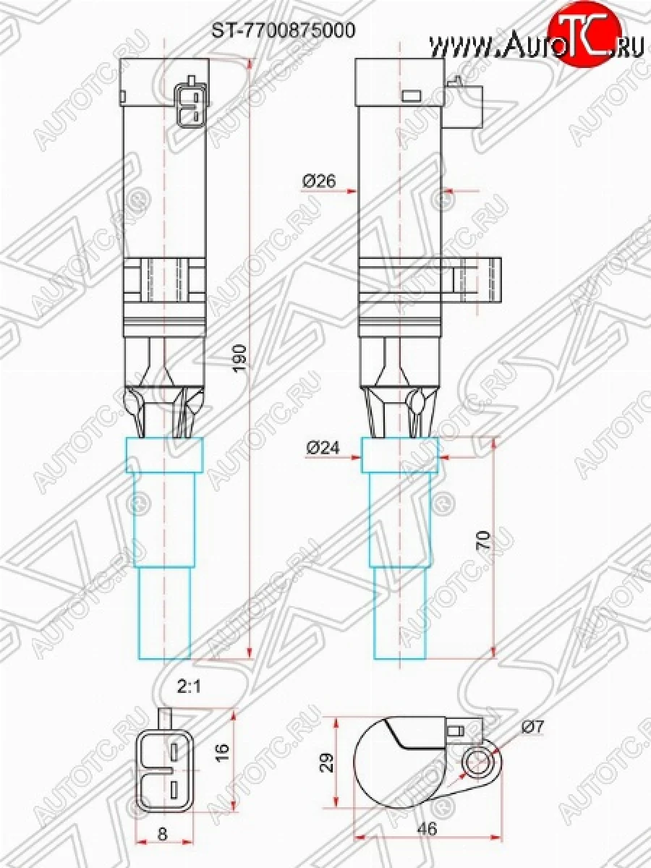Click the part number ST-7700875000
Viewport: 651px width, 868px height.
tap(283, 30)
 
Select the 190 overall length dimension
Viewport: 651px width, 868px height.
tap(241, 357)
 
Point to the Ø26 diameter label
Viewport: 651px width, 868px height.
tap(319, 182)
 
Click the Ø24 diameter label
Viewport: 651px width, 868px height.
tap(322, 448)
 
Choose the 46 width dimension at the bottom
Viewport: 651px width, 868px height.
tap(428, 830)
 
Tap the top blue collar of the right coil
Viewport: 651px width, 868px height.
tap(400, 455)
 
